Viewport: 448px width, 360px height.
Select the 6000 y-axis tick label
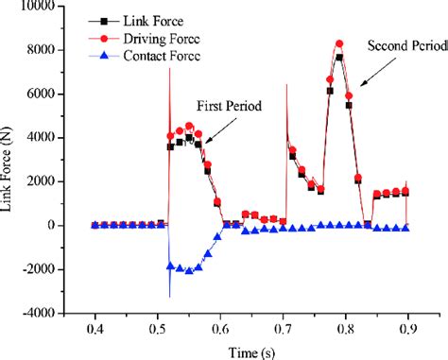53,94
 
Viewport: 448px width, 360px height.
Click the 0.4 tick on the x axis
94,326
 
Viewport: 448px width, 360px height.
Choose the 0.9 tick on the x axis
409,326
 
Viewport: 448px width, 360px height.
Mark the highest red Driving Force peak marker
339,43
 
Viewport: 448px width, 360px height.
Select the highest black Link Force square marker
339,58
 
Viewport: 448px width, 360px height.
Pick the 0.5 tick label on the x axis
157,326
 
